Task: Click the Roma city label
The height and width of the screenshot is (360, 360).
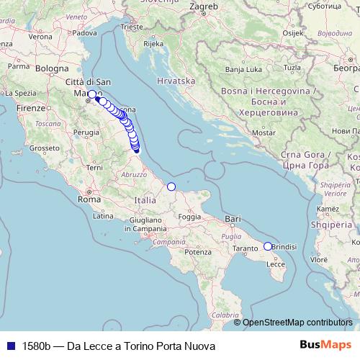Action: [89, 199]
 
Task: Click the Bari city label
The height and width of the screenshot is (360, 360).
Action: [232, 217]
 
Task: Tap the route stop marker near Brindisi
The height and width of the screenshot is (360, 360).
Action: [268, 246]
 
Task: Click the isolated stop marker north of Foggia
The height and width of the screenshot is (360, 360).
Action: [171, 187]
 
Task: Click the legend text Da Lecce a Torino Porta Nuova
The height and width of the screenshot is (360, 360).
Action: [119, 346]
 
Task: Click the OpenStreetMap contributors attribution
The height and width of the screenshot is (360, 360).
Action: [297, 323]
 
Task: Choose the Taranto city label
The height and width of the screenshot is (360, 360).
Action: [245, 248]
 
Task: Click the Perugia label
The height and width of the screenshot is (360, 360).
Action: [86, 132]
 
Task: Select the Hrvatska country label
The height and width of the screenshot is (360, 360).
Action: [176, 81]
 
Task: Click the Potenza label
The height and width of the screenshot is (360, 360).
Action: [198, 252]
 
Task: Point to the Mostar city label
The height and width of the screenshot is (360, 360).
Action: [265, 133]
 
